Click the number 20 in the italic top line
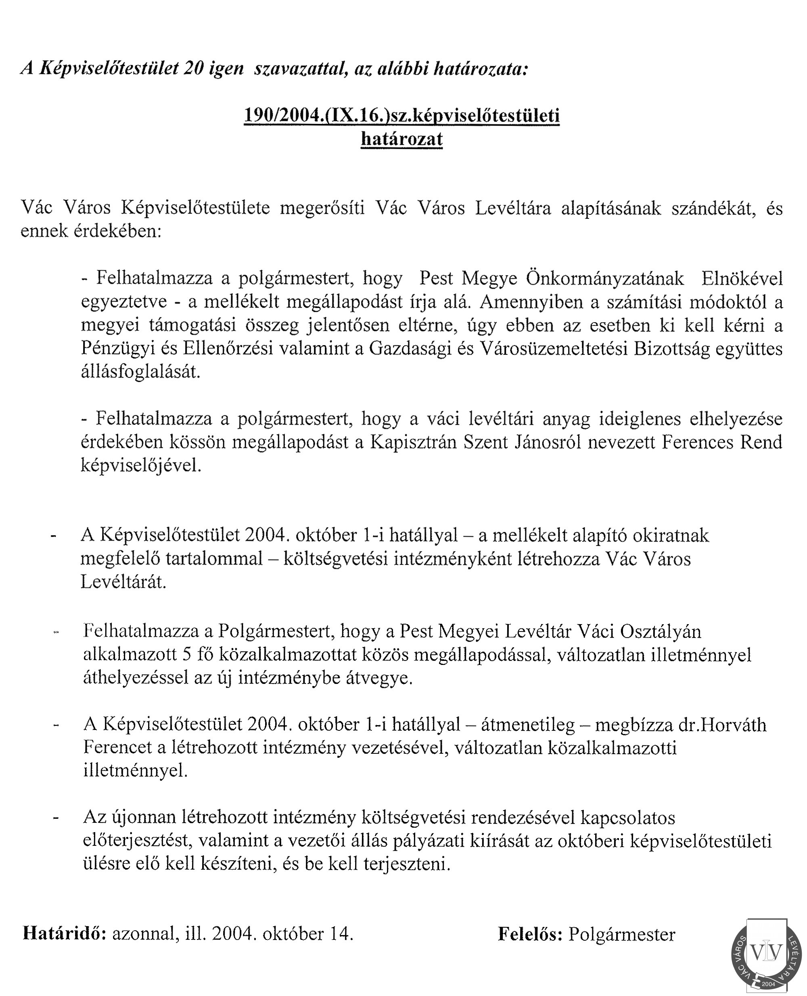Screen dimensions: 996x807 [x=192, y=69]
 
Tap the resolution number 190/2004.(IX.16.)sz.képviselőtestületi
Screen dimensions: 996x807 [x=401, y=116]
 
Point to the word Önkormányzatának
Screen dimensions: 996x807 [x=605, y=279]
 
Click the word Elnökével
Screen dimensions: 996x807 [x=742, y=279]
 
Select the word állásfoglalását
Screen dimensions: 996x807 [x=140, y=372]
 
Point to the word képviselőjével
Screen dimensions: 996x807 [x=141, y=465]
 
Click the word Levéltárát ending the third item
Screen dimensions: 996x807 [x=123, y=582]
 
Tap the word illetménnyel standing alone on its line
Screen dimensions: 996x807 [x=136, y=771]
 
